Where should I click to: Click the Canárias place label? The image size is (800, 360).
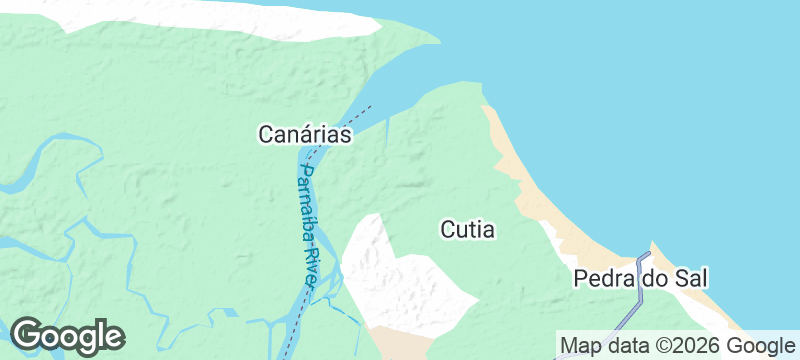tap(305, 134)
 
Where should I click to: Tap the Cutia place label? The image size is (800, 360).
tap(467, 229)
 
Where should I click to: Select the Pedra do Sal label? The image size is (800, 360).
tap(634, 279)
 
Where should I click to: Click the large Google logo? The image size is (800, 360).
tap(67, 336)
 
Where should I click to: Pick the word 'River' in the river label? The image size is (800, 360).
tap(312, 264)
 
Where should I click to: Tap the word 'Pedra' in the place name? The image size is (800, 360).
tap(602, 279)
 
